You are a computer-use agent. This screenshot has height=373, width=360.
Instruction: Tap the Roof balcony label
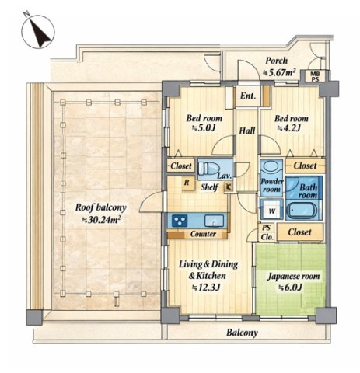(101, 207)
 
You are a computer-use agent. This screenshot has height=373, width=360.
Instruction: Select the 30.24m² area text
(101, 220)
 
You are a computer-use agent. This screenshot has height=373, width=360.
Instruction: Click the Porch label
(277, 61)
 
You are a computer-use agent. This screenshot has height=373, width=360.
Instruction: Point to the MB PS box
(315, 76)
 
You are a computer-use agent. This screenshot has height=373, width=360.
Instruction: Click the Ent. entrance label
(248, 96)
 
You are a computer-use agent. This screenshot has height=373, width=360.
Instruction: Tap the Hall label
(247, 131)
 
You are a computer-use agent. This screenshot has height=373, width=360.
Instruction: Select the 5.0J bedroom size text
(204, 128)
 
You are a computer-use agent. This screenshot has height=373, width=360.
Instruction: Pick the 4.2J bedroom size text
(289, 128)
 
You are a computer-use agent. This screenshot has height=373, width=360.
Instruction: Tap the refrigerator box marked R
(187, 183)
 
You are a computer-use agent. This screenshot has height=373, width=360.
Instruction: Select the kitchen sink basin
(214, 221)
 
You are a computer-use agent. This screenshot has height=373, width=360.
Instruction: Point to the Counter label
(203, 234)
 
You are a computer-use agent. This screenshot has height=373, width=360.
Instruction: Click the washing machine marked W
(271, 210)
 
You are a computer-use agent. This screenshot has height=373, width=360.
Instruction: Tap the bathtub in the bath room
(302, 210)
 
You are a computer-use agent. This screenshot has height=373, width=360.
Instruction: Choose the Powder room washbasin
(271, 167)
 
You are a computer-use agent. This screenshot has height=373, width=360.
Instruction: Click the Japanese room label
(293, 277)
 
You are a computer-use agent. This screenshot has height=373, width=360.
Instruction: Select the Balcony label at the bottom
(242, 333)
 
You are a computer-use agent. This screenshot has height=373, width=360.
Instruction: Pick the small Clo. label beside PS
(267, 237)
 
